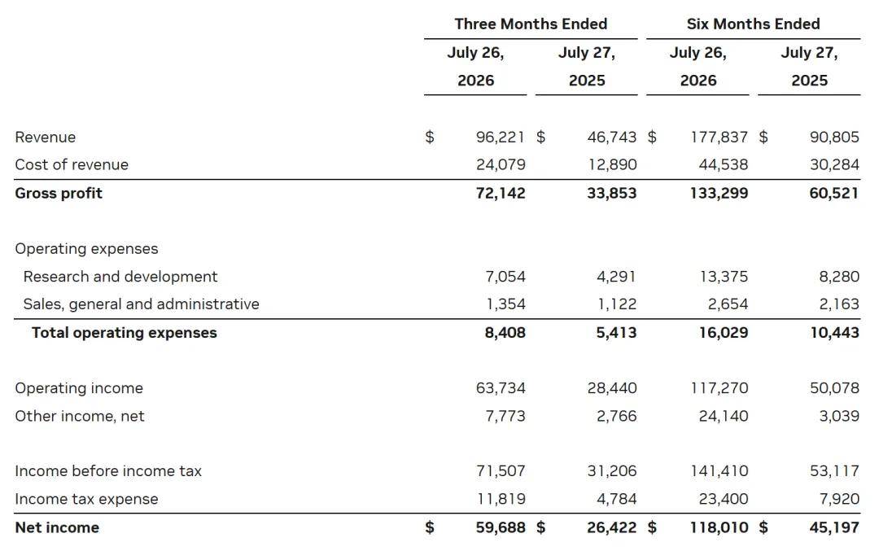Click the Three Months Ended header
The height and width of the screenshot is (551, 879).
click(531, 24)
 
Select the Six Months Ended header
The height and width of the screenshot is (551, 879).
click(754, 24)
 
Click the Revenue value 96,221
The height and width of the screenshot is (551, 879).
click(501, 138)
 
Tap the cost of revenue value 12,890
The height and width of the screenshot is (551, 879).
click(612, 164)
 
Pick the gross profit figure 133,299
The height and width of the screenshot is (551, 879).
click(719, 194)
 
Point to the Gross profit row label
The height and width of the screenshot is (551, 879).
click(59, 194)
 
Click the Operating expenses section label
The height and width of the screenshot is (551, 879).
click(87, 249)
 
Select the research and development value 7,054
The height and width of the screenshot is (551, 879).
click(505, 277)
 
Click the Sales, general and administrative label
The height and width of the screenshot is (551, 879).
click(142, 304)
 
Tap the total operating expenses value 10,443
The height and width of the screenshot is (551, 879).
click(835, 333)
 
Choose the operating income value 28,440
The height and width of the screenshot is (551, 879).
click(612, 388)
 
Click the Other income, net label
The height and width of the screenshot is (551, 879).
click(80, 417)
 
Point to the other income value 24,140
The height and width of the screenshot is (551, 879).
click(724, 417)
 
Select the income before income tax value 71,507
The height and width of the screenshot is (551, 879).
click(501, 471)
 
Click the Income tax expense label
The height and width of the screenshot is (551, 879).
click(87, 500)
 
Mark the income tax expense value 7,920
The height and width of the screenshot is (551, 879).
click(840, 500)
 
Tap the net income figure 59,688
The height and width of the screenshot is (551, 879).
click(501, 528)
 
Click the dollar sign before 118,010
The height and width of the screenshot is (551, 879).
click(652, 528)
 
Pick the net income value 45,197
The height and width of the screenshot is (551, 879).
click(835, 528)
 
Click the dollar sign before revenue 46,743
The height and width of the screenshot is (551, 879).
click(541, 138)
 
